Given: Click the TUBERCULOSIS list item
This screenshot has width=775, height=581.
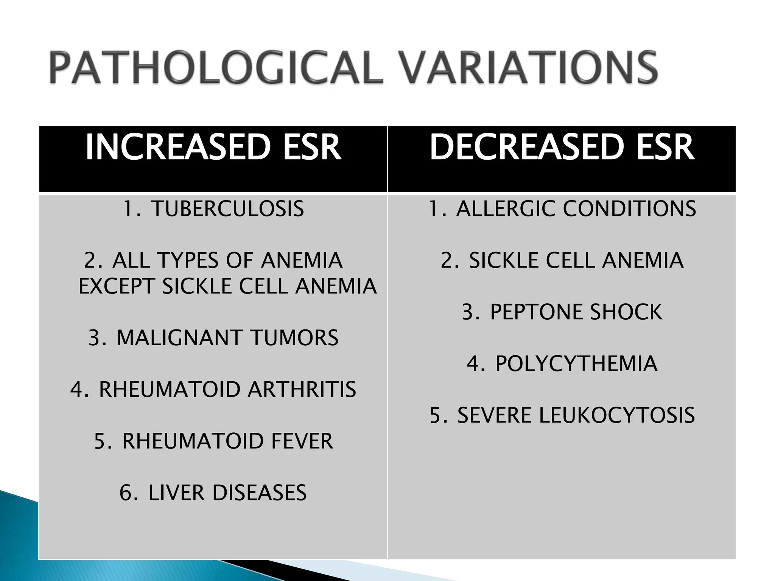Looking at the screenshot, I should [x=227, y=209].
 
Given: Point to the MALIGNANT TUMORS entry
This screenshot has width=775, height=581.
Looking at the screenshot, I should [x=227, y=338].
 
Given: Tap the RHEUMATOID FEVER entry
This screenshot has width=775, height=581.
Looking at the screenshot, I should [x=227, y=441].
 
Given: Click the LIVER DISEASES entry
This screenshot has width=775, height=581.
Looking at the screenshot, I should [x=227, y=493].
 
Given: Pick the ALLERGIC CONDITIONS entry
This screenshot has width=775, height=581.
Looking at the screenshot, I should [x=576, y=209].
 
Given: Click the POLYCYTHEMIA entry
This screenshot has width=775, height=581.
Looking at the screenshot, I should [x=576, y=364].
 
